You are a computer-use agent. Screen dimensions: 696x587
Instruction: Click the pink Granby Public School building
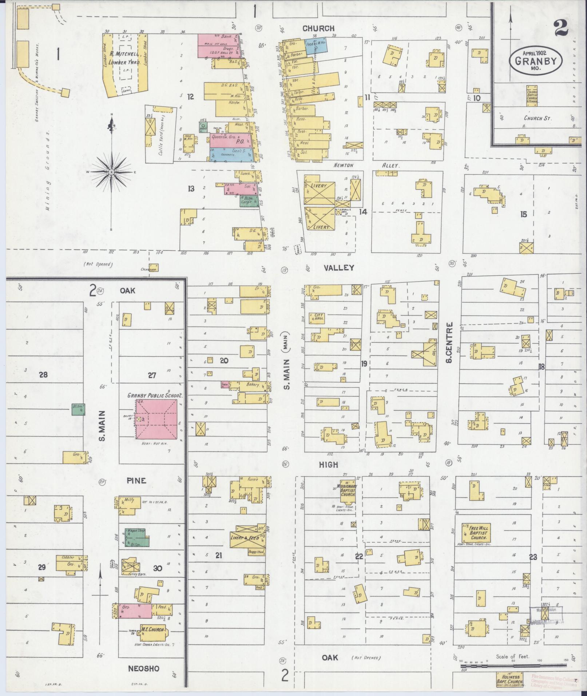[156, 419]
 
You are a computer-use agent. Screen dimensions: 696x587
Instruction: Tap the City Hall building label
[314, 317]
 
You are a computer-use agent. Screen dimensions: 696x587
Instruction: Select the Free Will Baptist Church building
[476, 534]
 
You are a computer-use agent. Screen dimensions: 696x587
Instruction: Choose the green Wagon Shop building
[137, 537]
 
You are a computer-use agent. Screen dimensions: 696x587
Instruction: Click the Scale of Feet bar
[513, 666]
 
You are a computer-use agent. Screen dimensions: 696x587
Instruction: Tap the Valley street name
[340, 268]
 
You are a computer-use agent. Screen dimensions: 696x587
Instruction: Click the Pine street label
[136, 481]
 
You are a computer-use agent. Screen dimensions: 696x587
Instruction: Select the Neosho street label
[143, 668]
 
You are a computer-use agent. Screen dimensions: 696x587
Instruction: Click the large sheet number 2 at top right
[562, 28]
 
